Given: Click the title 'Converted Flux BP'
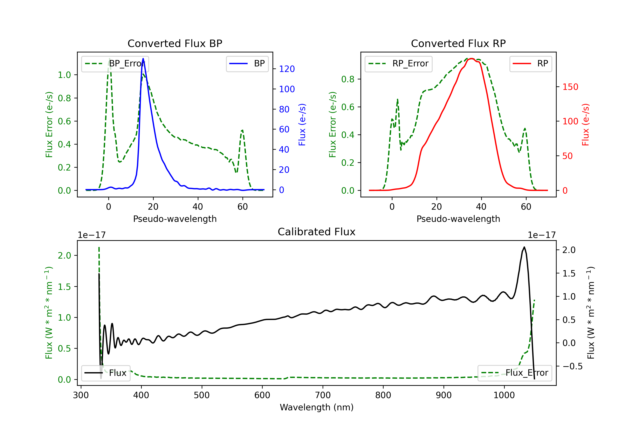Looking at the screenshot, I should coord(175,43).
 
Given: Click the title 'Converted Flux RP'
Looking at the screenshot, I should coord(458,43).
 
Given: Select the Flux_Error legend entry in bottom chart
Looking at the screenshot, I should coord(514,373).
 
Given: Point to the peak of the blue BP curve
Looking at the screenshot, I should coord(143,59).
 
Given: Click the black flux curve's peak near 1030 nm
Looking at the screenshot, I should coord(524,247).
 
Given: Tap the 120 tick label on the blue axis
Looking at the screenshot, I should coord(287,69).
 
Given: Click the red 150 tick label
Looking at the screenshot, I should coord(570,87).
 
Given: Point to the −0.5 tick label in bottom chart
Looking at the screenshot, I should coord(572,366).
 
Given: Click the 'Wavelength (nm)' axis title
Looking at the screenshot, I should coord(317,407).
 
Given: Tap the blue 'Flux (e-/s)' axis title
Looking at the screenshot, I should coord(302,125).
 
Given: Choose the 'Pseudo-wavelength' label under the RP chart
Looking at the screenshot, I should coord(458,219).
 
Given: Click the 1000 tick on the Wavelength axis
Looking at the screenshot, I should coord(504,395).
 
